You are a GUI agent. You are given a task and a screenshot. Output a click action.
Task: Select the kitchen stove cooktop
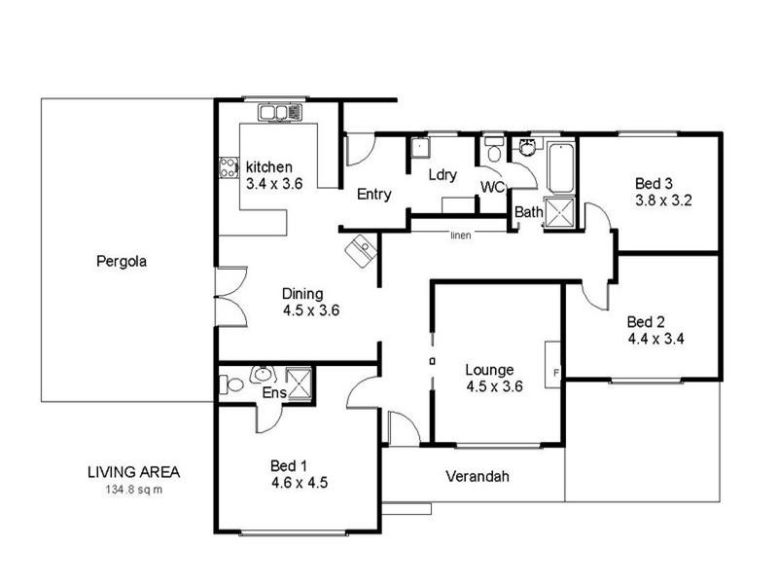pos(229,167)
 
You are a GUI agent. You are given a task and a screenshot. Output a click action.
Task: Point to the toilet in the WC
pos(494,153)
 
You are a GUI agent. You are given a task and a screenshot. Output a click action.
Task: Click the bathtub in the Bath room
pos(561,167)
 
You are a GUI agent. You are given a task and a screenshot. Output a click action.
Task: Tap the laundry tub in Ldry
pos(420,148)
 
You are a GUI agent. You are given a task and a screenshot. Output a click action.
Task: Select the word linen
pos(461,235)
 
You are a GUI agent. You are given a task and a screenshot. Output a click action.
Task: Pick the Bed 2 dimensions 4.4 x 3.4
pos(656,340)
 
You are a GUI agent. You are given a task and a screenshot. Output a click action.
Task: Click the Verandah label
pos(477,477)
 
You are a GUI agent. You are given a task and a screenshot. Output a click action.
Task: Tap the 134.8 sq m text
pos(132,490)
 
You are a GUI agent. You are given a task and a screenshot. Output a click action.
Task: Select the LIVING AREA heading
pos(133,472)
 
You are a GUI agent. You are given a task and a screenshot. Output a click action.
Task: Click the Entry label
pos(373,195)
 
